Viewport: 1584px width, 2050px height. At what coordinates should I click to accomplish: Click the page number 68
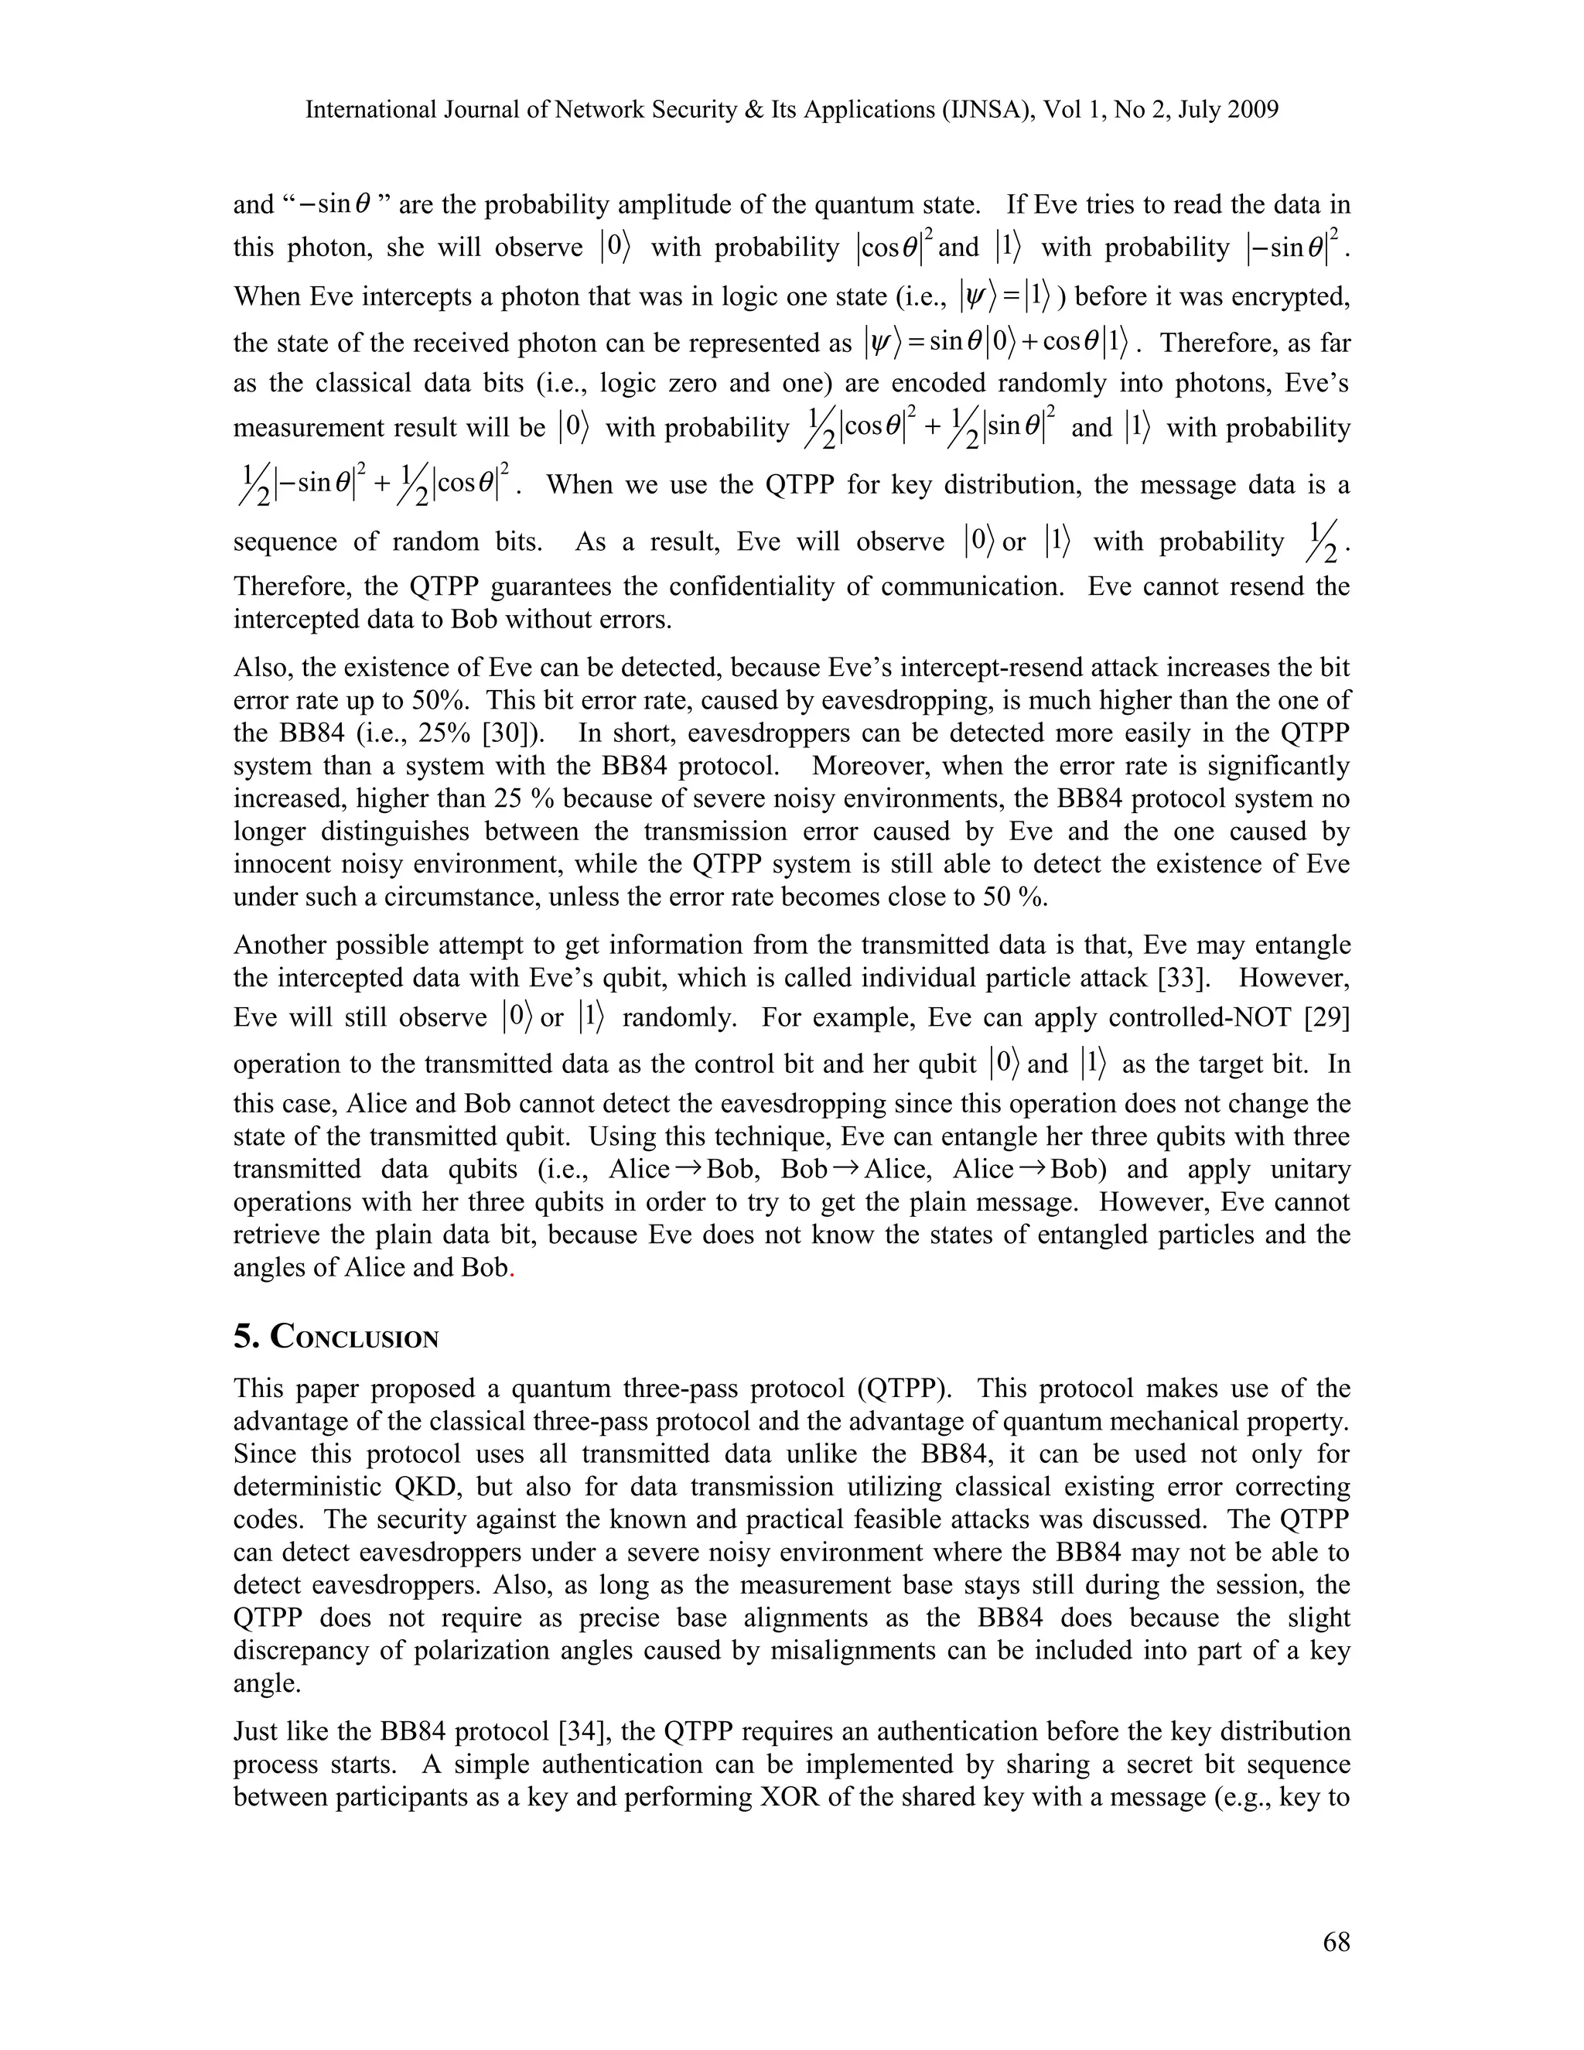1335,1942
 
